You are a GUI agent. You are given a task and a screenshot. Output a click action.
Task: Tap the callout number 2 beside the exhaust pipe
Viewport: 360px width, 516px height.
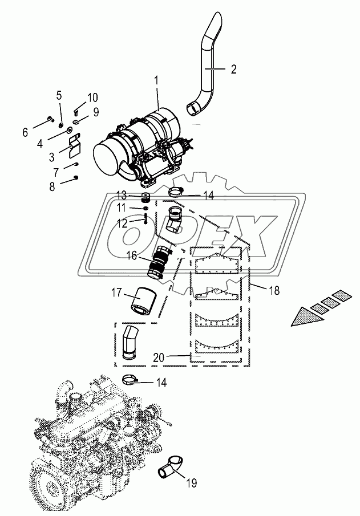click(x=233, y=70)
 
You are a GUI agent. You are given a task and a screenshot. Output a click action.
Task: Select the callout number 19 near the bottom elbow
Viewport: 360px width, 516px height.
click(x=191, y=484)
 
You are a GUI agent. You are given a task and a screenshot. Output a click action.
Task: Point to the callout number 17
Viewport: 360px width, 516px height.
click(x=117, y=294)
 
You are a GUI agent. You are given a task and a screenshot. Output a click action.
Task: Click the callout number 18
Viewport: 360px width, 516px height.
click(x=274, y=291)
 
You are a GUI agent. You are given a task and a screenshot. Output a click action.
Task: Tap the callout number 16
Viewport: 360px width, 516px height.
click(x=131, y=257)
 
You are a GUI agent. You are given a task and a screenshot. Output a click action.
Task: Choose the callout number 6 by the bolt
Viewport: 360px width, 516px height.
click(x=25, y=132)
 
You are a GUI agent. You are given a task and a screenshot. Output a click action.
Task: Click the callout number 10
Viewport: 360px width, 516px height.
click(x=92, y=97)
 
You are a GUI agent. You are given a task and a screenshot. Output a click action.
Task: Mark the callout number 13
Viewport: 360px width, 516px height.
click(x=122, y=194)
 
